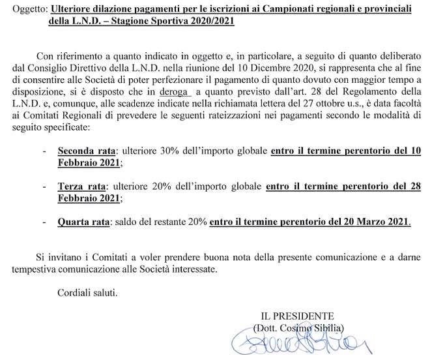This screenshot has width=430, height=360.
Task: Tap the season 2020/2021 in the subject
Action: click(x=212, y=22)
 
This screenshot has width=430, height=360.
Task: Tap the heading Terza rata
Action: click(x=81, y=186)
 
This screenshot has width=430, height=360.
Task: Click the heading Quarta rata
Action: click(x=83, y=222)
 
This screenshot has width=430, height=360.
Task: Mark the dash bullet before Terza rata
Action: click(x=44, y=186)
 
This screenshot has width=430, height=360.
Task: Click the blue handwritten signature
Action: click(x=299, y=344)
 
